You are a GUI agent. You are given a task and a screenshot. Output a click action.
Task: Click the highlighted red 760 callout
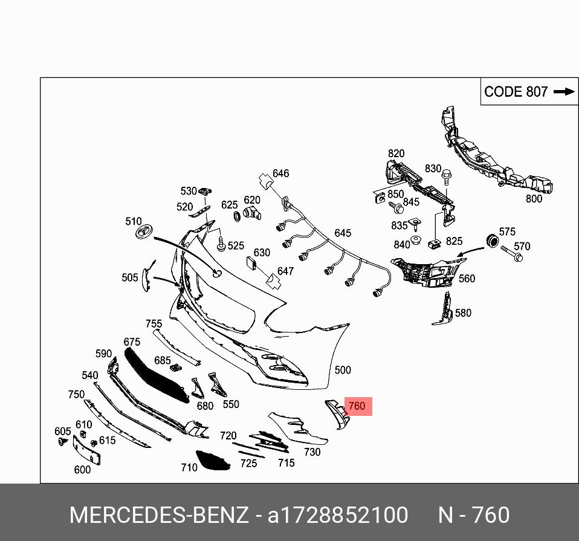[357, 406]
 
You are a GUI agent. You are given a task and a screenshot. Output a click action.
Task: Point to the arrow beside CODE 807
[563, 92]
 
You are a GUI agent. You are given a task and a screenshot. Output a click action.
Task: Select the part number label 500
[343, 370]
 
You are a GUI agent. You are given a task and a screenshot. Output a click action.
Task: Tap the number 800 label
[534, 198]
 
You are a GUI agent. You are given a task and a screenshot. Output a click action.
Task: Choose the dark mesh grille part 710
[213, 461]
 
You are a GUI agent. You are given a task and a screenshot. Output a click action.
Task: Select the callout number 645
[343, 233]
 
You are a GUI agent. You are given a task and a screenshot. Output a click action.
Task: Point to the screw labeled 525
[221, 245]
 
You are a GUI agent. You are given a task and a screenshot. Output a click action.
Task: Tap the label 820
[396, 154]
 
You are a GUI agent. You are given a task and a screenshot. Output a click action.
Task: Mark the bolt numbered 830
[446, 177]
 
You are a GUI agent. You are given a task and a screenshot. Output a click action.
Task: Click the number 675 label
[132, 342]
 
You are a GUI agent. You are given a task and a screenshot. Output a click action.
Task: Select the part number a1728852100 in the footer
[338, 515]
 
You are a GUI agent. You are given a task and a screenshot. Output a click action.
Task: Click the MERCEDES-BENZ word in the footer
[158, 515]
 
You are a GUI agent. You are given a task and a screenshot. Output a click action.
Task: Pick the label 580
[463, 313]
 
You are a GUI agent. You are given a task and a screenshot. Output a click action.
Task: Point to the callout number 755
[154, 324]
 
